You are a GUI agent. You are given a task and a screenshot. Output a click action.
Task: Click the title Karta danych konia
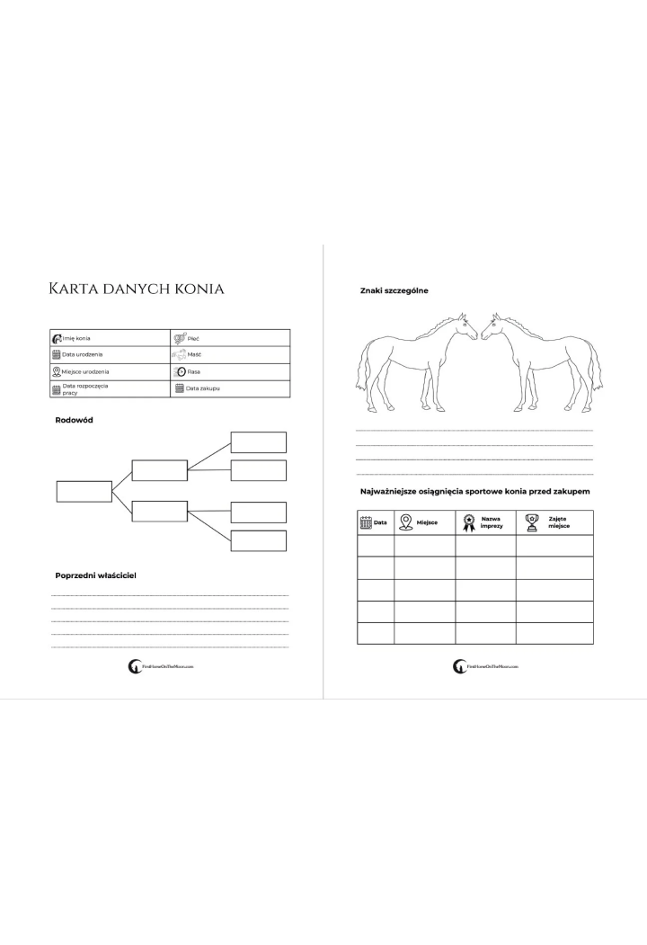[137, 289]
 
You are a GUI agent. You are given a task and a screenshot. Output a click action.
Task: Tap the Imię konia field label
[76, 338]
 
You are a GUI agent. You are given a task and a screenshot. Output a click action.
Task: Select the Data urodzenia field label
[84, 354]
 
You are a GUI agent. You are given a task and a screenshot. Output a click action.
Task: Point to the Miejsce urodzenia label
[85, 371]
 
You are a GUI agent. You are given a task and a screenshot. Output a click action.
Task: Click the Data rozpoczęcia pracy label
[85, 388]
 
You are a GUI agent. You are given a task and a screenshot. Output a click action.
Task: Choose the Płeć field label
[193, 338]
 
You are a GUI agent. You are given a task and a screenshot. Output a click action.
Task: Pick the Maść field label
[194, 354]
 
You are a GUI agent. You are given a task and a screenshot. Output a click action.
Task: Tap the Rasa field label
[193, 371]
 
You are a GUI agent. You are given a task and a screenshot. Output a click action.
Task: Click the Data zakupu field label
[203, 388]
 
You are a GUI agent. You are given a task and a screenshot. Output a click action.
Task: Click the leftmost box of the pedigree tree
[84, 491]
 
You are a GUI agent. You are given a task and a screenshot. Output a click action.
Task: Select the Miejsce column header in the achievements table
[427, 522]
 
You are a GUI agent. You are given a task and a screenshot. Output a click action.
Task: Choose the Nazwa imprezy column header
[492, 522]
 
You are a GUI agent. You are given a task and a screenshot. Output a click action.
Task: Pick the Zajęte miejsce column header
[559, 522]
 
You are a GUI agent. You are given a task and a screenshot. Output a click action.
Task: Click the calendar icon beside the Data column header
[366, 522]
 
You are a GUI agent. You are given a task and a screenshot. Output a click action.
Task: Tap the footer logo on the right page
[486, 667]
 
